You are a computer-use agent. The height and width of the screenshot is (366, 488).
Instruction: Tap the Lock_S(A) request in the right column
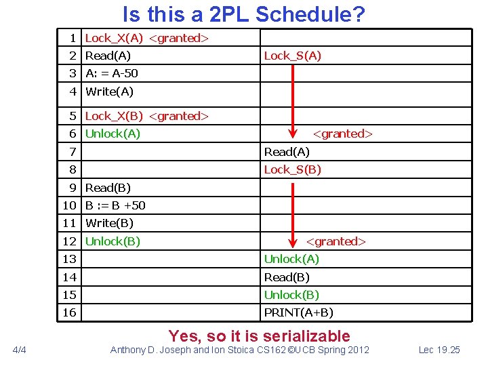click(292, 56)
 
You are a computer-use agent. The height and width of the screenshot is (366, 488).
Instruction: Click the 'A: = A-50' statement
click(112, 73)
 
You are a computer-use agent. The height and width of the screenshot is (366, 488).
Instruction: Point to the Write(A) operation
click(109, 91)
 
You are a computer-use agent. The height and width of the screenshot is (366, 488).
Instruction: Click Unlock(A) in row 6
click(113, 134)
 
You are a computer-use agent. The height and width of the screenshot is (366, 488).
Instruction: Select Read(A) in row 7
click(287, 152)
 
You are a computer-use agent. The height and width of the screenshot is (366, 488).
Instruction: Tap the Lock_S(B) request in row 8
click(292, 169)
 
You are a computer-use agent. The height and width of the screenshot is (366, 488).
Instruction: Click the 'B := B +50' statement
click(115, 205)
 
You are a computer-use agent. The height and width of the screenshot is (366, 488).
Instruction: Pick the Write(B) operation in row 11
click(109, 223)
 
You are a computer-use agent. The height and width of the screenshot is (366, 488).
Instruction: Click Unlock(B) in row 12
click(113, 241)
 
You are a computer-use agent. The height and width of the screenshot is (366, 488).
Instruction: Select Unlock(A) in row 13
click(291, 259)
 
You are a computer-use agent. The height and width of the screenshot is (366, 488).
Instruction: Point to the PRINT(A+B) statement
click(298, 312)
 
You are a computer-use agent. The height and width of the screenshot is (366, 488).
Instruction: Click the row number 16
click(70, 312)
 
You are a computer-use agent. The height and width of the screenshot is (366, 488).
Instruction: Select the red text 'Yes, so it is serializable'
click(260, 335)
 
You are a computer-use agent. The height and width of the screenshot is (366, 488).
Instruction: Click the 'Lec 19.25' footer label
click(439, 350)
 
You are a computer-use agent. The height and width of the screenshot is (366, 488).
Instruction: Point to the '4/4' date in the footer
click(20, 350)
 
